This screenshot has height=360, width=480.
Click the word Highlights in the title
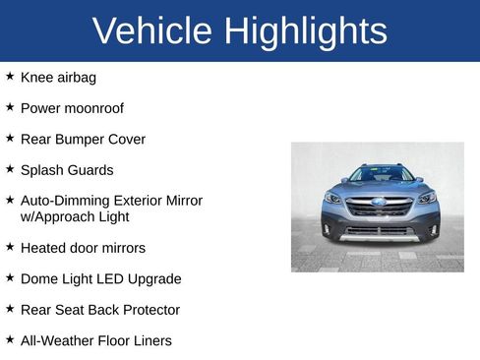pos(305,31)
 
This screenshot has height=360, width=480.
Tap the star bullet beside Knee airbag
pos(10,76)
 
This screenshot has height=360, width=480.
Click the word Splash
pos(41,170)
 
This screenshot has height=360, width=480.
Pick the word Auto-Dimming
pos(64,201)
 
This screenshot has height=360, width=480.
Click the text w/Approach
pos(56,216)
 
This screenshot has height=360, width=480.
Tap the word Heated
pos(44,248)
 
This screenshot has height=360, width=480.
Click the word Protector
pos(149,310)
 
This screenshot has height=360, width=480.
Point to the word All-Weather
pos(57,340)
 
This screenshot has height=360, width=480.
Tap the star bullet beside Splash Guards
pos(10,169)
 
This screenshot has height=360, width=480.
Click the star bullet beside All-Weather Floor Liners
pos(10,339)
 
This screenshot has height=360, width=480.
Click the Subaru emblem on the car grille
pos(379,202)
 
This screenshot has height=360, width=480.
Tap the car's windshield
pos(380,174)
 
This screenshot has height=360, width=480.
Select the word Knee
pos(37,77)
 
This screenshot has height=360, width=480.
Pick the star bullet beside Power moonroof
pos(10,107)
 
